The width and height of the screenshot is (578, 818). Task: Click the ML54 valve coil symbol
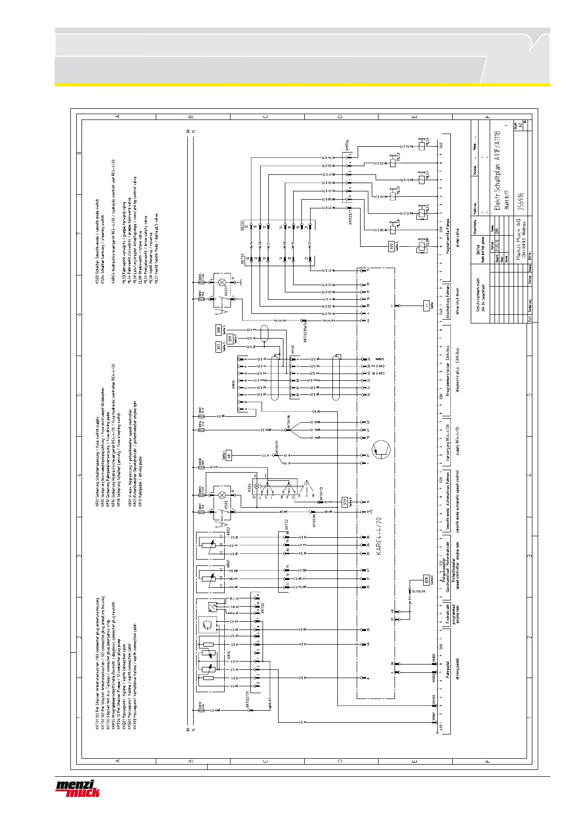tap(422, 146)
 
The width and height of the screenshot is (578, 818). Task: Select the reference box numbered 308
tap(219, 330)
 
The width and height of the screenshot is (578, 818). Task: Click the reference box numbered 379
tap(345, 502)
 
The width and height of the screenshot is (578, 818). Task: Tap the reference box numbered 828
tap(427, 579)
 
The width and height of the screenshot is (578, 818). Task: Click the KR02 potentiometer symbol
tap(210, 545)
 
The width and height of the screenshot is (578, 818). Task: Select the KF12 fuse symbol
tap(201, 710)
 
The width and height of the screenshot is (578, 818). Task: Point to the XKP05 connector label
tap(234, 384)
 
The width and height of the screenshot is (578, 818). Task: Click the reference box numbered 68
tap(229, 456)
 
